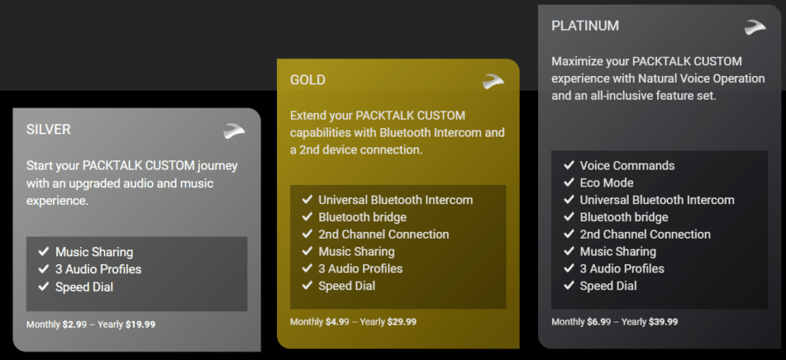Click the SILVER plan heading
point(48,130)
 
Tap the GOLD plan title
point(308,80)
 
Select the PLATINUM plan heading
point(585,26)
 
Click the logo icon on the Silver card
point(234,130)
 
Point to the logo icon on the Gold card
point(494,81)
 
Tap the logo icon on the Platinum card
point(755,27)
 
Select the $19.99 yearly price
point(140,325)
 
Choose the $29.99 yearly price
point(401,322)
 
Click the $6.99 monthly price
point(599,322)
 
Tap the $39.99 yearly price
point(663,322)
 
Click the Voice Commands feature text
point(627,166)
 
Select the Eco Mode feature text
point(606,183)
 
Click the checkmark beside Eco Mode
point(569,182)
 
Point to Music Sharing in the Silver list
point(94,252)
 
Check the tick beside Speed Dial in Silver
point(44,286)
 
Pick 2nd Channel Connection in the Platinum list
point(645,234)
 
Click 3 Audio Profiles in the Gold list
point(361,269)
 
